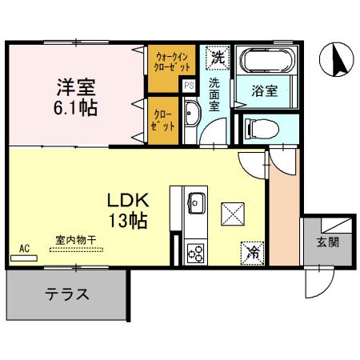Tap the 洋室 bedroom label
click(x=76, y=85)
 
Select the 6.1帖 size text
click(x=76, y=107)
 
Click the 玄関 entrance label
click(x=326, y=242)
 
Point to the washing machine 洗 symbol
click(x=217, y=58)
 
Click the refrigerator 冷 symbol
click(x=252, y=252)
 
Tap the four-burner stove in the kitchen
click(x=195, y=253)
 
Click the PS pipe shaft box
click(x=190, y=85)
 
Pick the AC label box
click(x=24, y=249)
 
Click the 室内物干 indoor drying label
click(x=76, y=240)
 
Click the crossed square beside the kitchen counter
click(x=233, y=214)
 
